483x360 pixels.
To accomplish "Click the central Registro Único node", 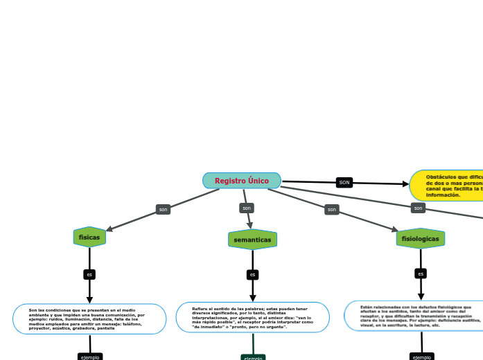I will [x=242, y=181].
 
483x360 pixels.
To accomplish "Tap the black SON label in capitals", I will [x=344, y=182].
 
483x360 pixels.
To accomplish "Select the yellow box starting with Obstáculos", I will [x=447, y=186].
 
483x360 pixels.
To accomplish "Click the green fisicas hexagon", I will [x=89, y=237].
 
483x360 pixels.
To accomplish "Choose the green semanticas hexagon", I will [x=252, y=240].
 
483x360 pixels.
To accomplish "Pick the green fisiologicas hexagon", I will [x=421, y=238].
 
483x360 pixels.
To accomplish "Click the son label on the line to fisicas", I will [x=164, y=209].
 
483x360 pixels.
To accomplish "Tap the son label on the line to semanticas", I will [x=246, y=208].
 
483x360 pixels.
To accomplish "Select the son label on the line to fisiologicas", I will [x=332, y=209].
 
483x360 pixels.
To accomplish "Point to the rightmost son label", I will [x=418, y=208].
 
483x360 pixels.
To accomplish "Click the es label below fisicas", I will [x=89, y=274].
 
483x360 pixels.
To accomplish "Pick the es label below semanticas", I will [x=253, y=275].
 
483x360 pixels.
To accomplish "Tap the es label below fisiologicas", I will [x=421, y=273].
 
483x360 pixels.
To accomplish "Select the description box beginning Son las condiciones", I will [x=89, y=319].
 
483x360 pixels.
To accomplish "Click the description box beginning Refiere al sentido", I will [x=253, y=317].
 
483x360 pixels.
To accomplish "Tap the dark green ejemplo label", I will [x=253, y=357].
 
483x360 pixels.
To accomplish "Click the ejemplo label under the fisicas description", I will [x=90, y=357].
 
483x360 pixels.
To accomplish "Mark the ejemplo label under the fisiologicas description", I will [x=421, y=357].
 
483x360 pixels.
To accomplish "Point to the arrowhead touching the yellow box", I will [x=406, y=184].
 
